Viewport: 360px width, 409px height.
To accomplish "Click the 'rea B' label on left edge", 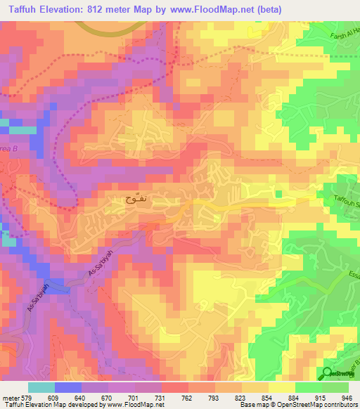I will point(7,150).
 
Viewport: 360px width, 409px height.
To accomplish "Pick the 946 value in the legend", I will point(347,397).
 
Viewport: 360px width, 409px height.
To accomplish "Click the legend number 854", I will point(259,397).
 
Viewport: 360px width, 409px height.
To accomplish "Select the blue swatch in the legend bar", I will point(67,387).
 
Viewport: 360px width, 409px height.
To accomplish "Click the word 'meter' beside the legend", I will point(11,397).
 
